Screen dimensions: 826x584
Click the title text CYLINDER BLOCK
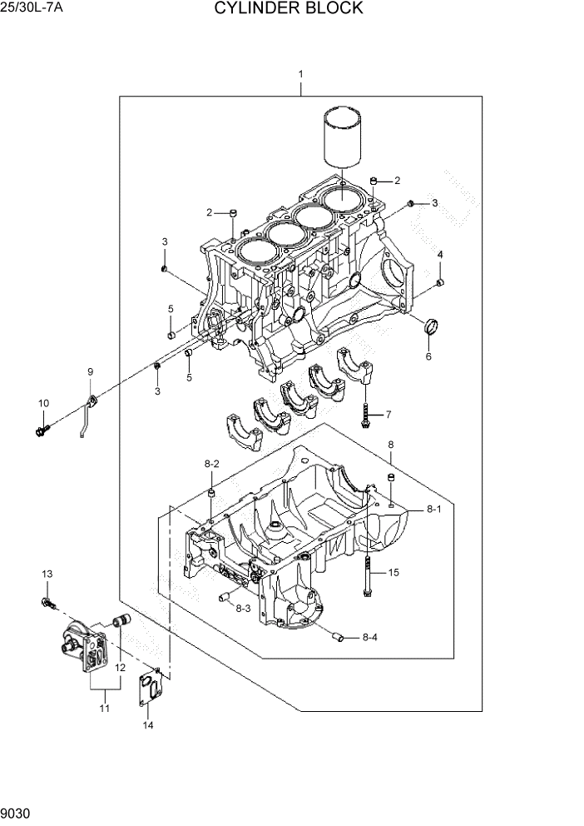[x=288, y=9]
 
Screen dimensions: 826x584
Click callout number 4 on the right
[x=440, y=254]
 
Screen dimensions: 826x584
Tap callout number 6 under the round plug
[x=428, y=356]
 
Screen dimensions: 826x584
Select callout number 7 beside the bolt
[x=388, y=414]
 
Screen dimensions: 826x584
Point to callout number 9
[x=90, y=371]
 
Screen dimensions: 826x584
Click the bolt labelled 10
[x=42, y=430]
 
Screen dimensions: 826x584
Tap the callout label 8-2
[x=211, y=464]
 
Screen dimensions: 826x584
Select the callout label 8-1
[x=433, y=508]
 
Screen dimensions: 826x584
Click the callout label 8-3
[x=243, y=609]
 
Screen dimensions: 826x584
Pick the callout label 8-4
[x=369, y=638]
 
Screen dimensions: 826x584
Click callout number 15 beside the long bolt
[x=393, y=572]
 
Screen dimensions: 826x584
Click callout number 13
[x=47, y=574]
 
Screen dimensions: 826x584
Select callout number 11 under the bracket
[x=105, y=708]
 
